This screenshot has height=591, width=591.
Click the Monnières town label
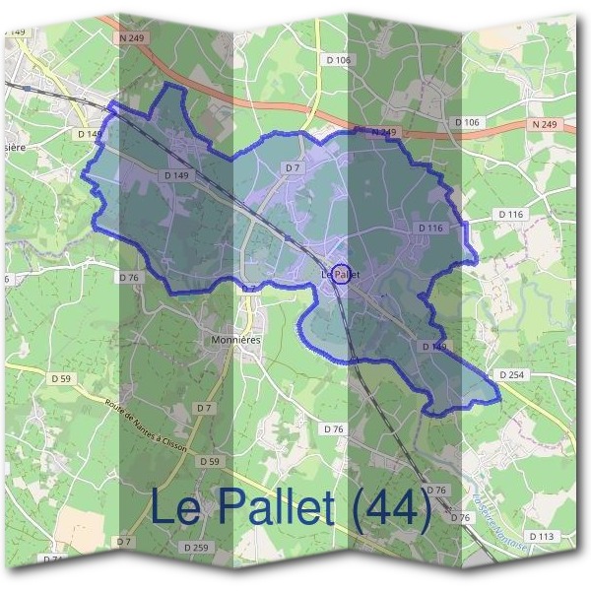tap(234, 338)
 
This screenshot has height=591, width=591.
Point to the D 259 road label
tap(197, 548)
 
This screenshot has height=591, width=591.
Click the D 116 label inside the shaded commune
tap(430, 228)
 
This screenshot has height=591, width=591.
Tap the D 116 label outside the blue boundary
tap(510, 213)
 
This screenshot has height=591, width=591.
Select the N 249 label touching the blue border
tap(382, 131)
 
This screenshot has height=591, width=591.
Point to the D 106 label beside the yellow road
tap(338, 60)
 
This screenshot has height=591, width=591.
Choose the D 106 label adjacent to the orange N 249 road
tap(467, 121)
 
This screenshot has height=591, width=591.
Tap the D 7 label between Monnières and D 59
tap(204, 407)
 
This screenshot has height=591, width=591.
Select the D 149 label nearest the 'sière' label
tap(89, 133)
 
